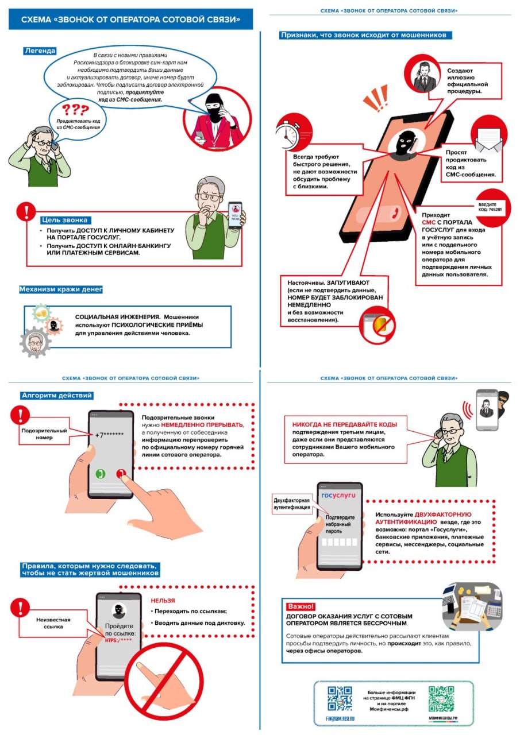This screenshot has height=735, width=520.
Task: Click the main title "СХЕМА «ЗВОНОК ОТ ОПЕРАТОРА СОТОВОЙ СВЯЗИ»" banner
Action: click(x=130, y=20)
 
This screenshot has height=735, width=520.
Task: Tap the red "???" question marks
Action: click(x=75, y=110)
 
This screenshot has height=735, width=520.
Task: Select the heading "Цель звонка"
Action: click(x=66, y=219)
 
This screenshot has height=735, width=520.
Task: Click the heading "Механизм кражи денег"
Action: click(x=61, y=289)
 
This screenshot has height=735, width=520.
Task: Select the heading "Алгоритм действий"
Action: click(x=56, y=395)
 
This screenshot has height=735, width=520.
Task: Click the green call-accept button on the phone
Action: click(x=101, y=474)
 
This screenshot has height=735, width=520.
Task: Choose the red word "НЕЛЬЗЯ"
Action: click(x=163, y=600)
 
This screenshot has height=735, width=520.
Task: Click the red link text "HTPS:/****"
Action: click(x=118, y=640)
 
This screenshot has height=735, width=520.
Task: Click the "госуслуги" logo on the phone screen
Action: click(x=339, y=495)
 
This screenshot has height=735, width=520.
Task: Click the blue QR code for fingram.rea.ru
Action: click(x=340, y=698)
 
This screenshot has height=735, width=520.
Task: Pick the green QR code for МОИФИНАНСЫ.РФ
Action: click(x=441, y=699)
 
